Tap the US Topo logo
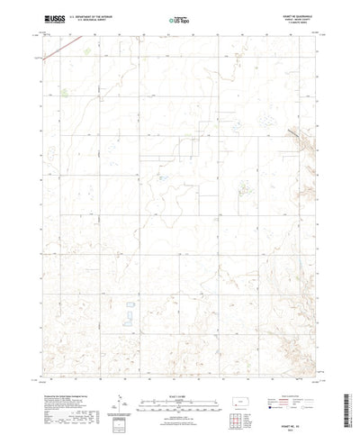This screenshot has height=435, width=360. (179, 17)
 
